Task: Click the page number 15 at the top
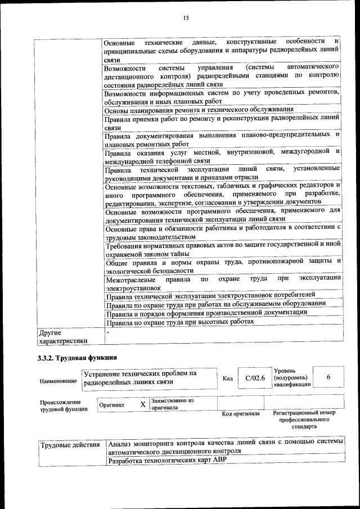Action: [186, 19]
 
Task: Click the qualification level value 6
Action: [328, 377]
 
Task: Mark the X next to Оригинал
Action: [143, 404]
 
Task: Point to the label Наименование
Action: [58, 381]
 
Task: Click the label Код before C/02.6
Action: [228, 379]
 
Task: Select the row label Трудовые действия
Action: [70, 445]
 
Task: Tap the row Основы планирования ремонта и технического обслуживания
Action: [199, 110]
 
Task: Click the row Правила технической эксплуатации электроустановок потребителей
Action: [211, 294]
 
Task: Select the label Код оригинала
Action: [241, 413]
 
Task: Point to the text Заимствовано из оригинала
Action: [172, 404]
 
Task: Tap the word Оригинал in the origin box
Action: [111, 405]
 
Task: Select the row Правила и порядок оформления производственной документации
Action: [207, 312]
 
